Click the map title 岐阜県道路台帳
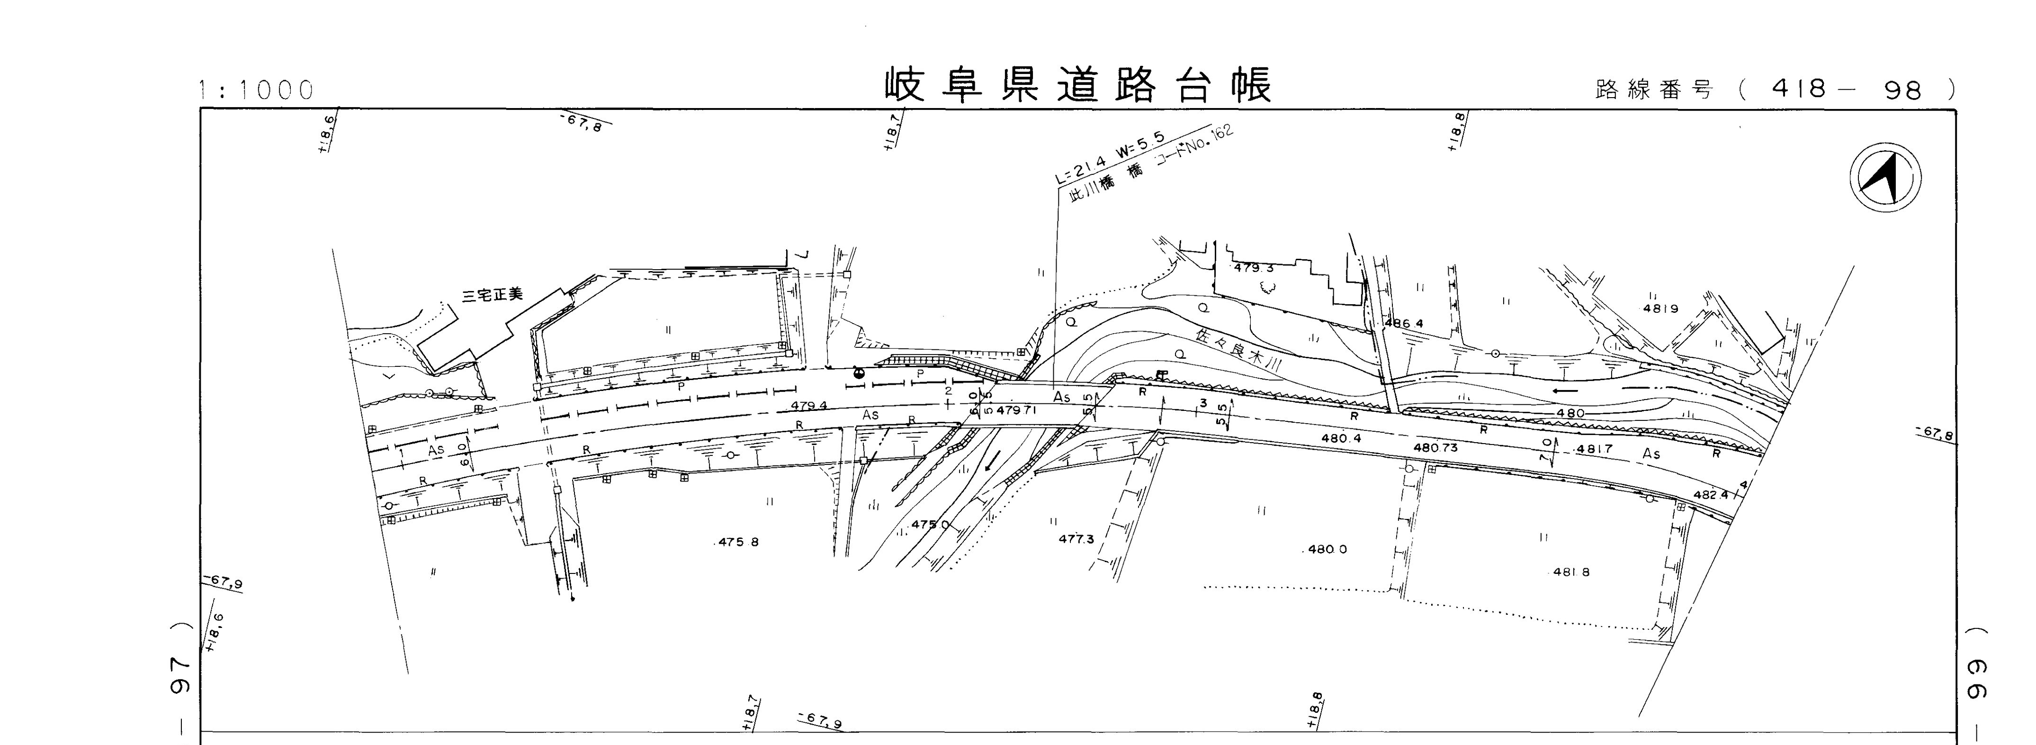coord(1077,85)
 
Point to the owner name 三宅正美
coord(493,295)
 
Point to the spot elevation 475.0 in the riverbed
coord(930,524)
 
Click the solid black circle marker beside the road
coord(859,372)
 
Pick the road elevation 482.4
coord(1710,494)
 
